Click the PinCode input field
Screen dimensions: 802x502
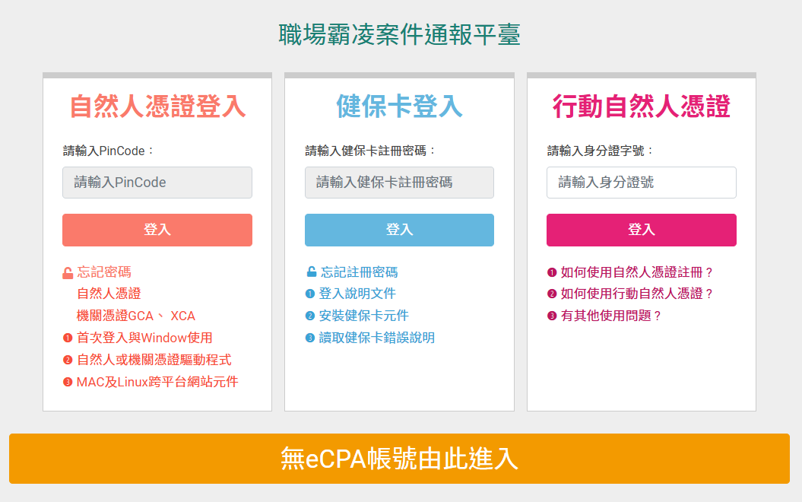(x=157, y=183)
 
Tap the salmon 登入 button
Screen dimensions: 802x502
(x=157, y=230)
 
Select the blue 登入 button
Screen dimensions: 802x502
(x=399, y=230)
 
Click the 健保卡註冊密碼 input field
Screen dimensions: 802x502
(x=399, y=183)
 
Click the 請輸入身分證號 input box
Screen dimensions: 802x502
(x=642, y=183)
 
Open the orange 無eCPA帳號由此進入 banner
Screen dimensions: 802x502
(x=399, y=459)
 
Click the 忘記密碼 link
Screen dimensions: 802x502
(x=104, y=272)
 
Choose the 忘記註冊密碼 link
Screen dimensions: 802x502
(x=359, y=272)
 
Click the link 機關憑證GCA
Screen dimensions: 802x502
(x=115, y=316)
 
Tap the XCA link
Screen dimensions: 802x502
(x=182, y=316)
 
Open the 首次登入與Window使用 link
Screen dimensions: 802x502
(x=144, y=338)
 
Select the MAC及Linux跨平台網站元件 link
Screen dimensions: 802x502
(x=157, y=382)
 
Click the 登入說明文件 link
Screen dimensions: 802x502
(x=357, y=294)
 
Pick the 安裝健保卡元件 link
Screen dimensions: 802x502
(x=363, y=316)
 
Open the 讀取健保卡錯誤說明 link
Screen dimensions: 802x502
(x=376, y=338)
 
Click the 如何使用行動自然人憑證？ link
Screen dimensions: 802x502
(x=637, y=294)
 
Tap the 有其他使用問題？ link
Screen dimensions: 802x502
(x=611, y=316)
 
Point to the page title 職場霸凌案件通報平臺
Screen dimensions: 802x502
(x=399, y=35)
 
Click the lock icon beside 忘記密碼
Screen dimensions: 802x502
(x=68, y=273)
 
